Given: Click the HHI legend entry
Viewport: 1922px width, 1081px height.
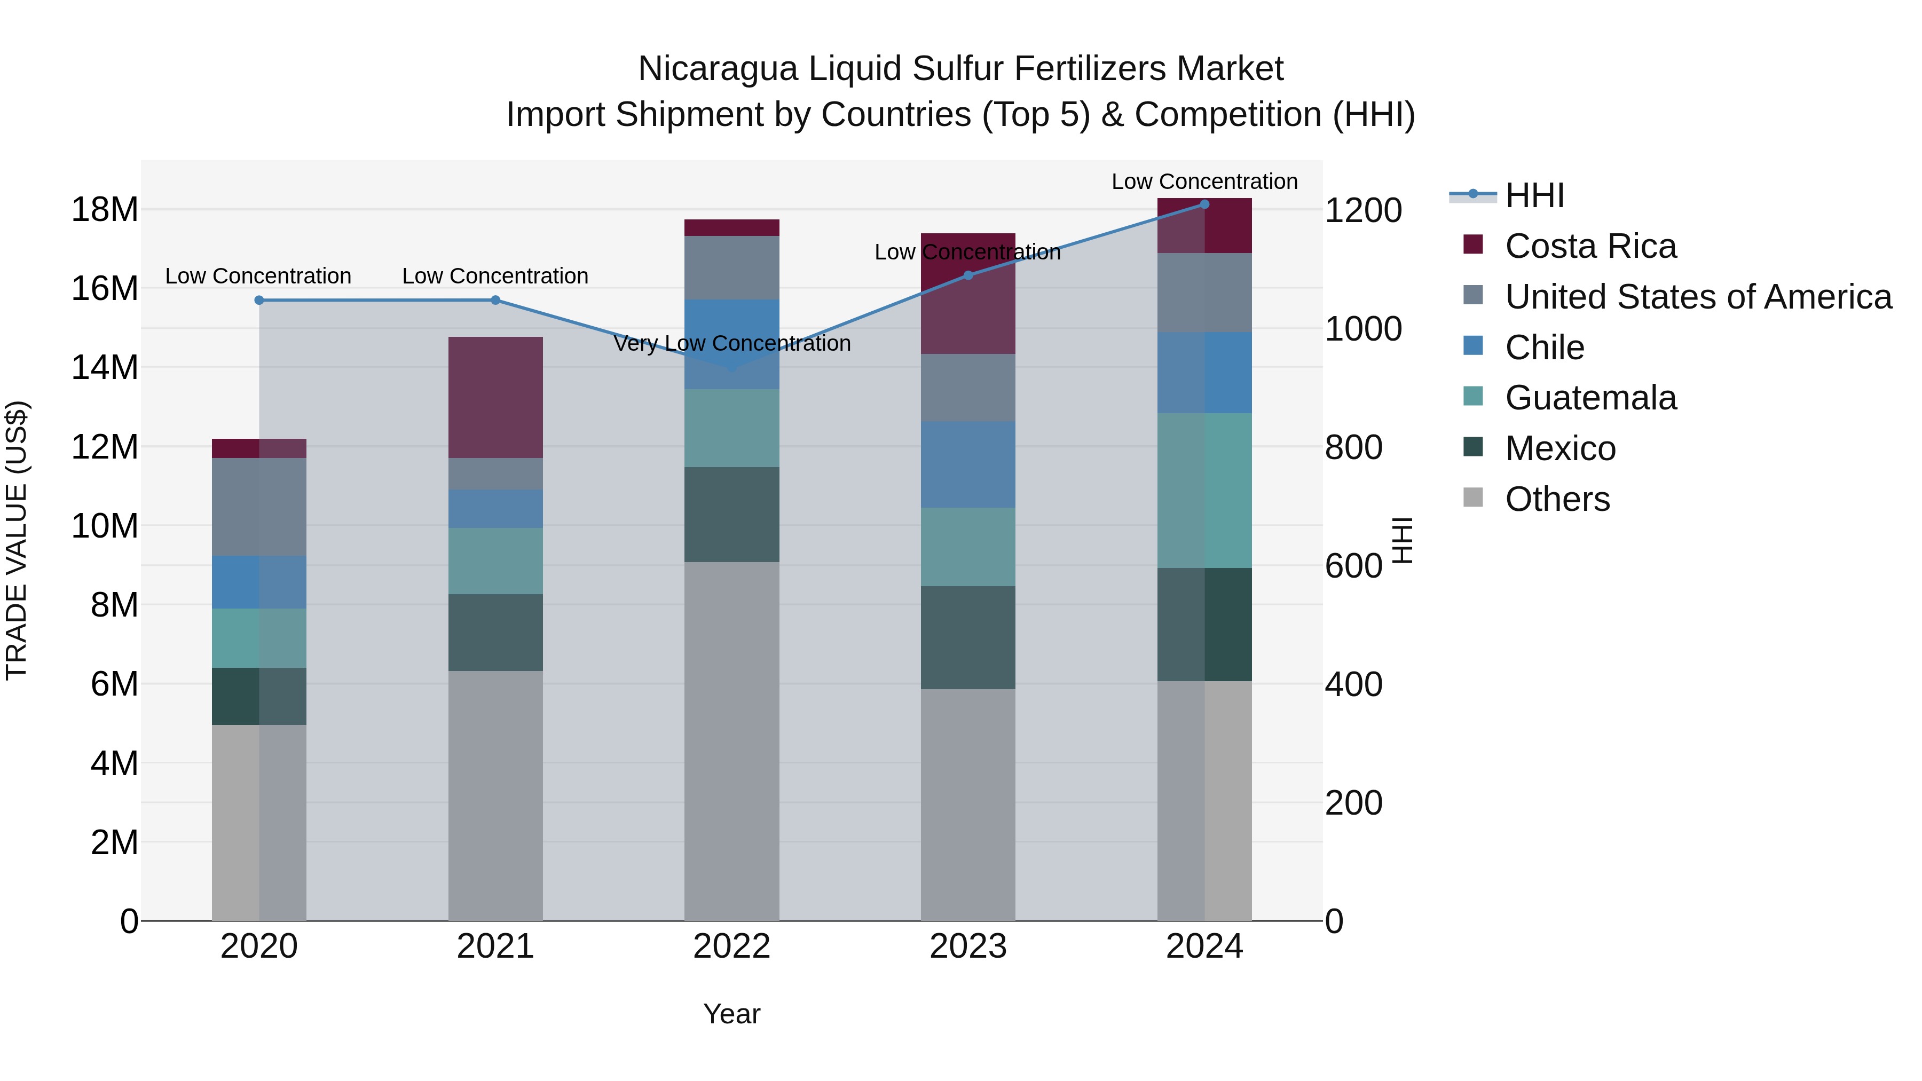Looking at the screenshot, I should point(1534,195).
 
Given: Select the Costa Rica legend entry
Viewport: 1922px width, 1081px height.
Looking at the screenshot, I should point(1590,246).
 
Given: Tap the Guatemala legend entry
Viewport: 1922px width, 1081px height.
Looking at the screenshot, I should point(1590,398).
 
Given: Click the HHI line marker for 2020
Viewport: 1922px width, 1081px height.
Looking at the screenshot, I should point(259,300).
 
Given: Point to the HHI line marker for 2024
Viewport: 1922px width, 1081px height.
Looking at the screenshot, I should point(1204,204).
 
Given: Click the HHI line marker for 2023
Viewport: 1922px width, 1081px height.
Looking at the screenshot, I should point(968,275).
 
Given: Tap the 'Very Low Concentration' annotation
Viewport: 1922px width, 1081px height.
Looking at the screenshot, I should point(731,343).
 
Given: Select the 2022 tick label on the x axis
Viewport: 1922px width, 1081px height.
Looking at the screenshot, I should point(731,946).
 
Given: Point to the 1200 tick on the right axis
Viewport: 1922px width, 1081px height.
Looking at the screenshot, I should point(1362,210).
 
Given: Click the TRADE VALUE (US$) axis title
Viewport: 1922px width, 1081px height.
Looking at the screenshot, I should point(17,540).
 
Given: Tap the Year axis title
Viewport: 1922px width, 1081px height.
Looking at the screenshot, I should point(731,1014).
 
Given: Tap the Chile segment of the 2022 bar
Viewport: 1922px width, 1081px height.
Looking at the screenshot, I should point(731,344).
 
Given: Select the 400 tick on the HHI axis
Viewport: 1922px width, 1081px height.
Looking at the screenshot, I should point(1353,684).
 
